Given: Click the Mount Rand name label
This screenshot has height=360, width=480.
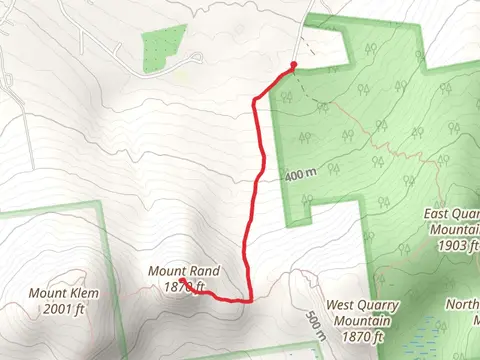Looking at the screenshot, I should point(183,271).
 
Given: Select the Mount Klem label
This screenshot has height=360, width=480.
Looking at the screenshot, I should point(62,293).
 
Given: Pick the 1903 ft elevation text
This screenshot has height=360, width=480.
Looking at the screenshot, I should point(459,245).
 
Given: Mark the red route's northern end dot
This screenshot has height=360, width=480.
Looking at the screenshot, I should point(293,66).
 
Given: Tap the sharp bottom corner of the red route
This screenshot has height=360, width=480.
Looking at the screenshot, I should point(247,298).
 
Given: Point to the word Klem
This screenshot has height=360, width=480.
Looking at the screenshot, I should point(81,293).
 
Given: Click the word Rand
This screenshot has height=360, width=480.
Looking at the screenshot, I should point(203,271).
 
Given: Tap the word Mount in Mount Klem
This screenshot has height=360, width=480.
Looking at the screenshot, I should point(46,293).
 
